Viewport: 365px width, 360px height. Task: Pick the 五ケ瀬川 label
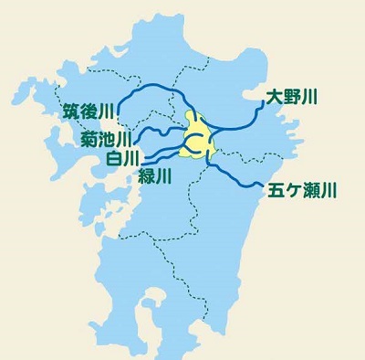(x=304, y=192)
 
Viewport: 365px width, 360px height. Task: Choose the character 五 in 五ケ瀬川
(x=277, y=192)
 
